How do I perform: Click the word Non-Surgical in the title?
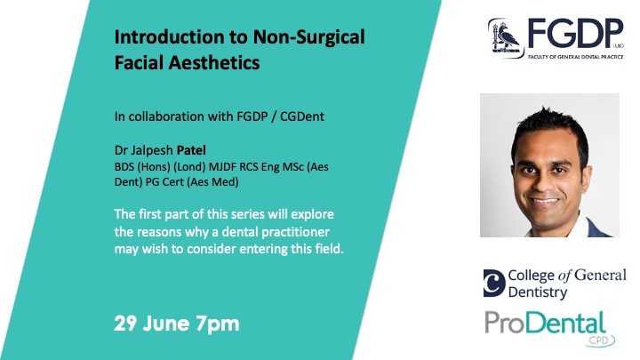[309, 37]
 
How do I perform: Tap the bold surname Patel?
[191, 150]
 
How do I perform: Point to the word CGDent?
[302, 116]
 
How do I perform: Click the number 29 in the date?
[126, 324]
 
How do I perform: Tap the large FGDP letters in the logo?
[575, 35]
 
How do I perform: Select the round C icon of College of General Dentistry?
[494, 283]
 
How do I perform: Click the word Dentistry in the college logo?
[538, 292]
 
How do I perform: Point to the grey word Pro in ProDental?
[508, 324]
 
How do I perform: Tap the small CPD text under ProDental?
[598, 340]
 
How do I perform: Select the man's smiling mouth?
[544, 201]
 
